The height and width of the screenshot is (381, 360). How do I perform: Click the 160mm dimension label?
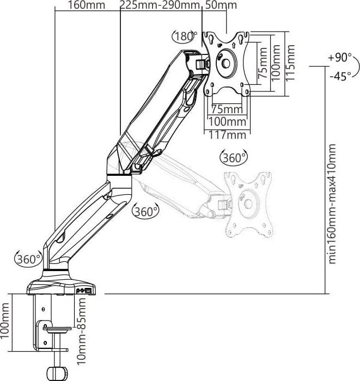click(x=87, y=5)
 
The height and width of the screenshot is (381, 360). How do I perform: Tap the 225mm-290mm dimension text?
click(x=160, y=5)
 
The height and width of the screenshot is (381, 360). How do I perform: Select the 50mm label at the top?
click(x=221, y=5)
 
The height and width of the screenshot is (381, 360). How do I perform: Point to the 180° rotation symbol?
click(x=185, y=36)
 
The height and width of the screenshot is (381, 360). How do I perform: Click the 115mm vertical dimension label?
click(x=290, y=63)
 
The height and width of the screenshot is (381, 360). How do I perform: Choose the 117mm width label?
click(x=227, y=135)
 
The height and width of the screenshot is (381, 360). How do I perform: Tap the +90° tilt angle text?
click(x=340, y=58)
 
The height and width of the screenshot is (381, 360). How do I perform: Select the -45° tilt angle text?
click(x=340, y=76)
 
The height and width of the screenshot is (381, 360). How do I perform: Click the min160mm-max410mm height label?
click(x=332, y=204)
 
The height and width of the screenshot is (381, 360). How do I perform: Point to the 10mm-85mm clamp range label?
click(x=82, y=331)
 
